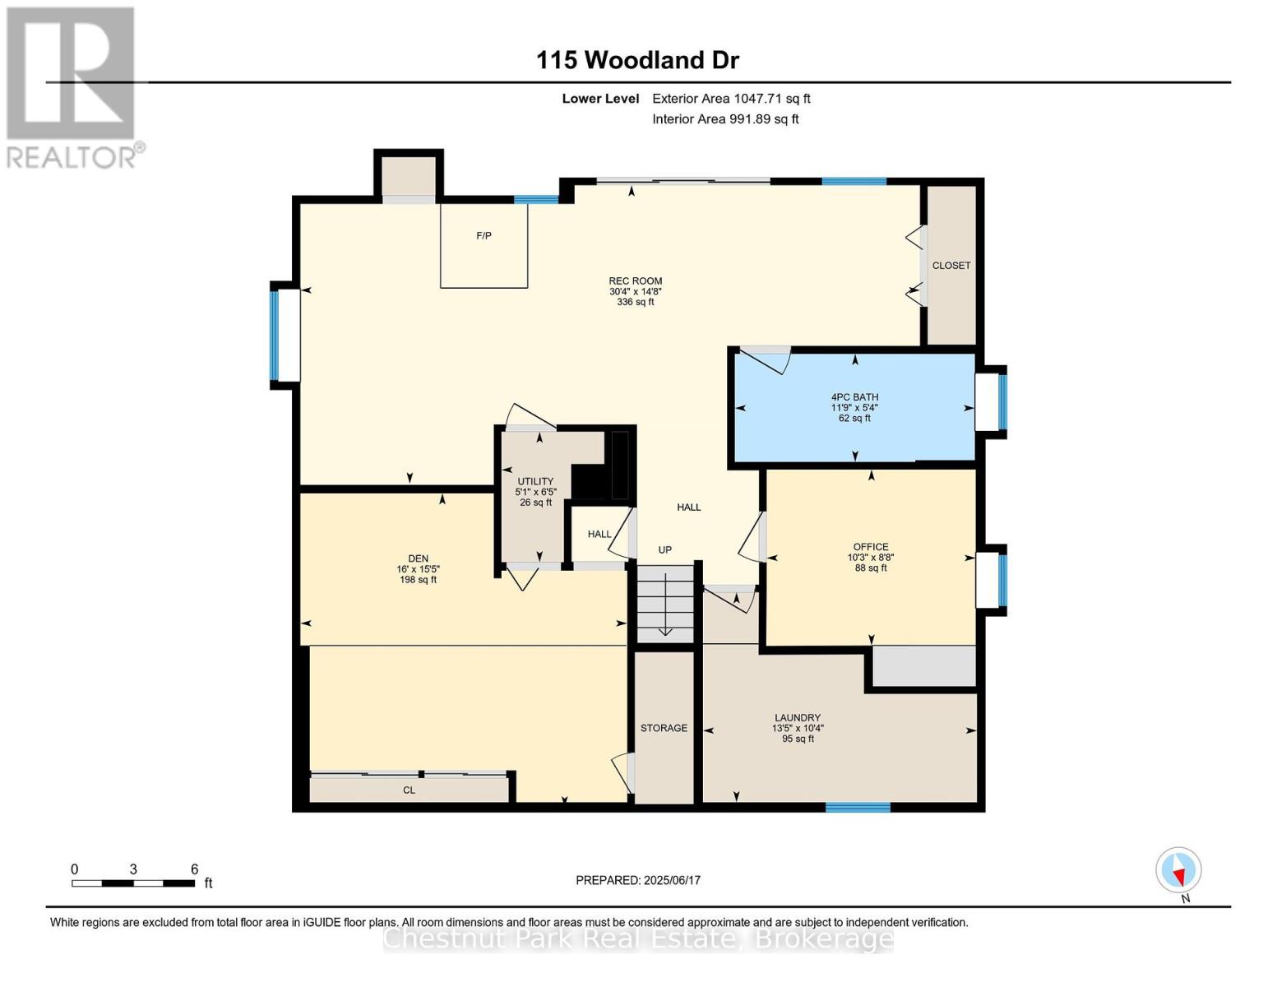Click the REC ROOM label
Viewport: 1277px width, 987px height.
pos(635,281)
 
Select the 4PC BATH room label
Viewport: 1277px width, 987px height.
pos(854,397)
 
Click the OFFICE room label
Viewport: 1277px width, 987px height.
pos(870,547)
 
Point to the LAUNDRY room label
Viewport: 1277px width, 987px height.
pos(797,718)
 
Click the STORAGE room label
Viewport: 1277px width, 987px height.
pos(664,728)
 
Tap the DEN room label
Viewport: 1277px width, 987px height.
pos(418,558)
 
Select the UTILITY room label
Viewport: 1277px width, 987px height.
pos(535,482)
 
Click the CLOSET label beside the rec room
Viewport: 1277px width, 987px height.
pos(951,266)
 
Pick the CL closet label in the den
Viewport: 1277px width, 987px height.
pos(409,790)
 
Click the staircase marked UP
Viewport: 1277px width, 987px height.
pos(665,604)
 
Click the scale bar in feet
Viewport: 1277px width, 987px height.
pos(133,883)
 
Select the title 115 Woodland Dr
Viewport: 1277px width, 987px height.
pos(637,60)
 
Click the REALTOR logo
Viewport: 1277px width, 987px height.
pos(72,87)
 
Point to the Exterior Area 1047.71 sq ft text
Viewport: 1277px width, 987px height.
pos(731,99)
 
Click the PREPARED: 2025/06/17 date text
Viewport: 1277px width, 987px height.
pos(637,880)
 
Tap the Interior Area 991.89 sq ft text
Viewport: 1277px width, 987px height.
pos(725,119)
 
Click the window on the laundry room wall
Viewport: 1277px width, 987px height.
pos(858,807)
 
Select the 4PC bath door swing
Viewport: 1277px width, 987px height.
pos(766,359)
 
